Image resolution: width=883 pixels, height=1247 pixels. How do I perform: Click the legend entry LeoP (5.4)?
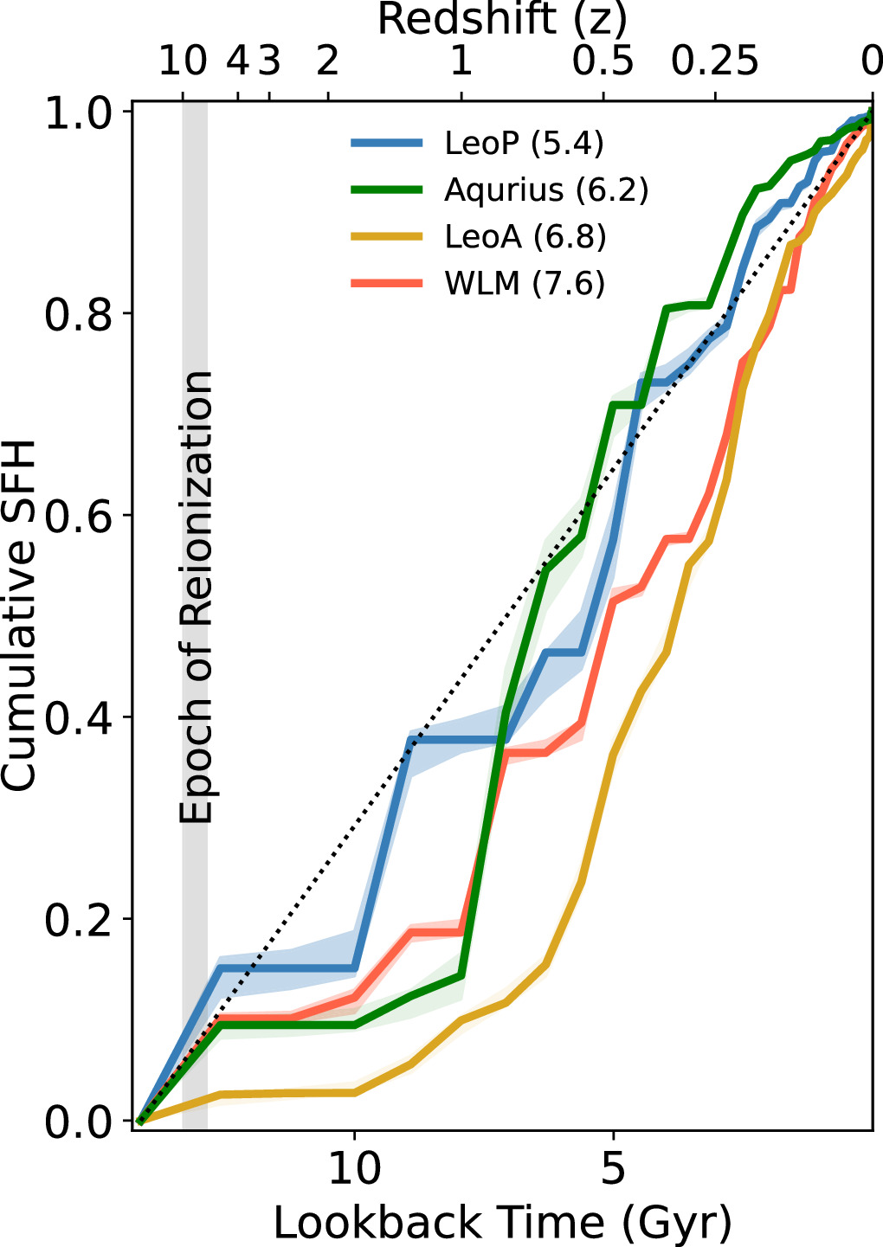pyautogui.click(x=524, y=143)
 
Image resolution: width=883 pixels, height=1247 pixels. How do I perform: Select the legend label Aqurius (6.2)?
pyautogui.click(x=546, y=190)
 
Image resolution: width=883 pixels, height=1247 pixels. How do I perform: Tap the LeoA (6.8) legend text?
pyautogui.click(x=525, y=236)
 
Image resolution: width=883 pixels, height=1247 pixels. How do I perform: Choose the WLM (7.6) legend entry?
pyautogui.click(x=524, y=283)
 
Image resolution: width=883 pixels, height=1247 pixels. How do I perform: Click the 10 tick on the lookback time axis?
pyautogui.click(x=354, y=1169)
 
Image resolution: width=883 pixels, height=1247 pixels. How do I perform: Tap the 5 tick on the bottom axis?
pyautogui.click(x=613, y=1169)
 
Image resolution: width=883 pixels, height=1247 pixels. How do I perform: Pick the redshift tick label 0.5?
pyautogui.click(x=604, y=61)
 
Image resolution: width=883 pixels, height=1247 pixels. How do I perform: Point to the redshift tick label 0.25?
pyautogui.click(x=716, y=61)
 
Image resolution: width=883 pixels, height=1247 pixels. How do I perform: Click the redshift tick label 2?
pyautogui.click(x=327, y=61)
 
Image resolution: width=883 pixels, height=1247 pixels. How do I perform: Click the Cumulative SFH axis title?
pyautogui.click(x=19, y=614)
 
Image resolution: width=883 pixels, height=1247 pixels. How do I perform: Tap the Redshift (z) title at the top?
pyautogui.click(x=502, y=19)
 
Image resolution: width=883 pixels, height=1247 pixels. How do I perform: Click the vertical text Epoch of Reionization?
pyautogui.click(x=196, y=597)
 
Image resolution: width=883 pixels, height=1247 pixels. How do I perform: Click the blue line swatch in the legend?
pyautogui.click(x=387, y=143)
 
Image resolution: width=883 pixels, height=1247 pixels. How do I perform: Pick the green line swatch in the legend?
pyautogui.click(x=387, y=190)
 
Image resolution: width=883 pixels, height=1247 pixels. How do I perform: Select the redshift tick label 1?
pyautogui.click(x=461, y=61)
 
